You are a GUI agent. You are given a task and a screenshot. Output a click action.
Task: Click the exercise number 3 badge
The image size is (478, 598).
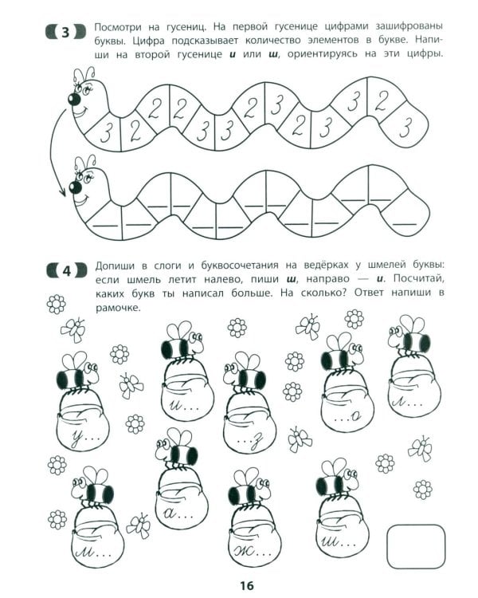[65, 32]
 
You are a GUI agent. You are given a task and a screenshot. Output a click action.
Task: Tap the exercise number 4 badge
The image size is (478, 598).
[66, 271]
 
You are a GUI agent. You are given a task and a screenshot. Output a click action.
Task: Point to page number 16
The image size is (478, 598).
[247, 585]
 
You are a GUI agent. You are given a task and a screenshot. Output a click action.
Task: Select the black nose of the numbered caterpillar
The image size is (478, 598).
[74, 100]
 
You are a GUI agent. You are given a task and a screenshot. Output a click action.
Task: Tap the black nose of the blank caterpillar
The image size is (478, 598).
[76, 187]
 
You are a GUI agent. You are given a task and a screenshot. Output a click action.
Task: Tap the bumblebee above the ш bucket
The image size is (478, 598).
[336, 479]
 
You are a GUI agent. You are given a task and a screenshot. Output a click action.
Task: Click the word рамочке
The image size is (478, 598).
[118, 308]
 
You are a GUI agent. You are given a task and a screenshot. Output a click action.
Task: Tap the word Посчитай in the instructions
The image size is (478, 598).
[418, 279]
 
